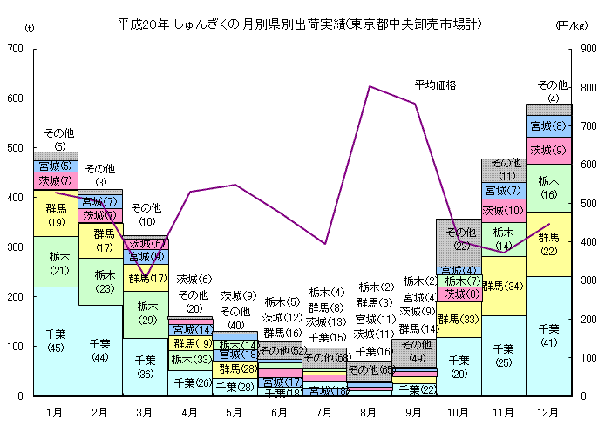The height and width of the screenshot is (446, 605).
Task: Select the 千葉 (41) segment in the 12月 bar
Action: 548,336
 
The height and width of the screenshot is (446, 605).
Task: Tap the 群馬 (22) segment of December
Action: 548,244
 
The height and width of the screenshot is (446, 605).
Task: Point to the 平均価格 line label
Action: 435,84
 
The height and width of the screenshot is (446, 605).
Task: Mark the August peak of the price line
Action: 370,86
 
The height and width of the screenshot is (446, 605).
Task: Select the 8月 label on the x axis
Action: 370,410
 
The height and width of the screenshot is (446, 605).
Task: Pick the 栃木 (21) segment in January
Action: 56,261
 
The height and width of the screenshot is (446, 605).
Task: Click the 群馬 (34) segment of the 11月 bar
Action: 504,286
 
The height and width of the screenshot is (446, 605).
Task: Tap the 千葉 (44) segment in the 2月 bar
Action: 100,350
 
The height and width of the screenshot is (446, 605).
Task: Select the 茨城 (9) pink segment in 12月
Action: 548,150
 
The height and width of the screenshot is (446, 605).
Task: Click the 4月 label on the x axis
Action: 190,410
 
